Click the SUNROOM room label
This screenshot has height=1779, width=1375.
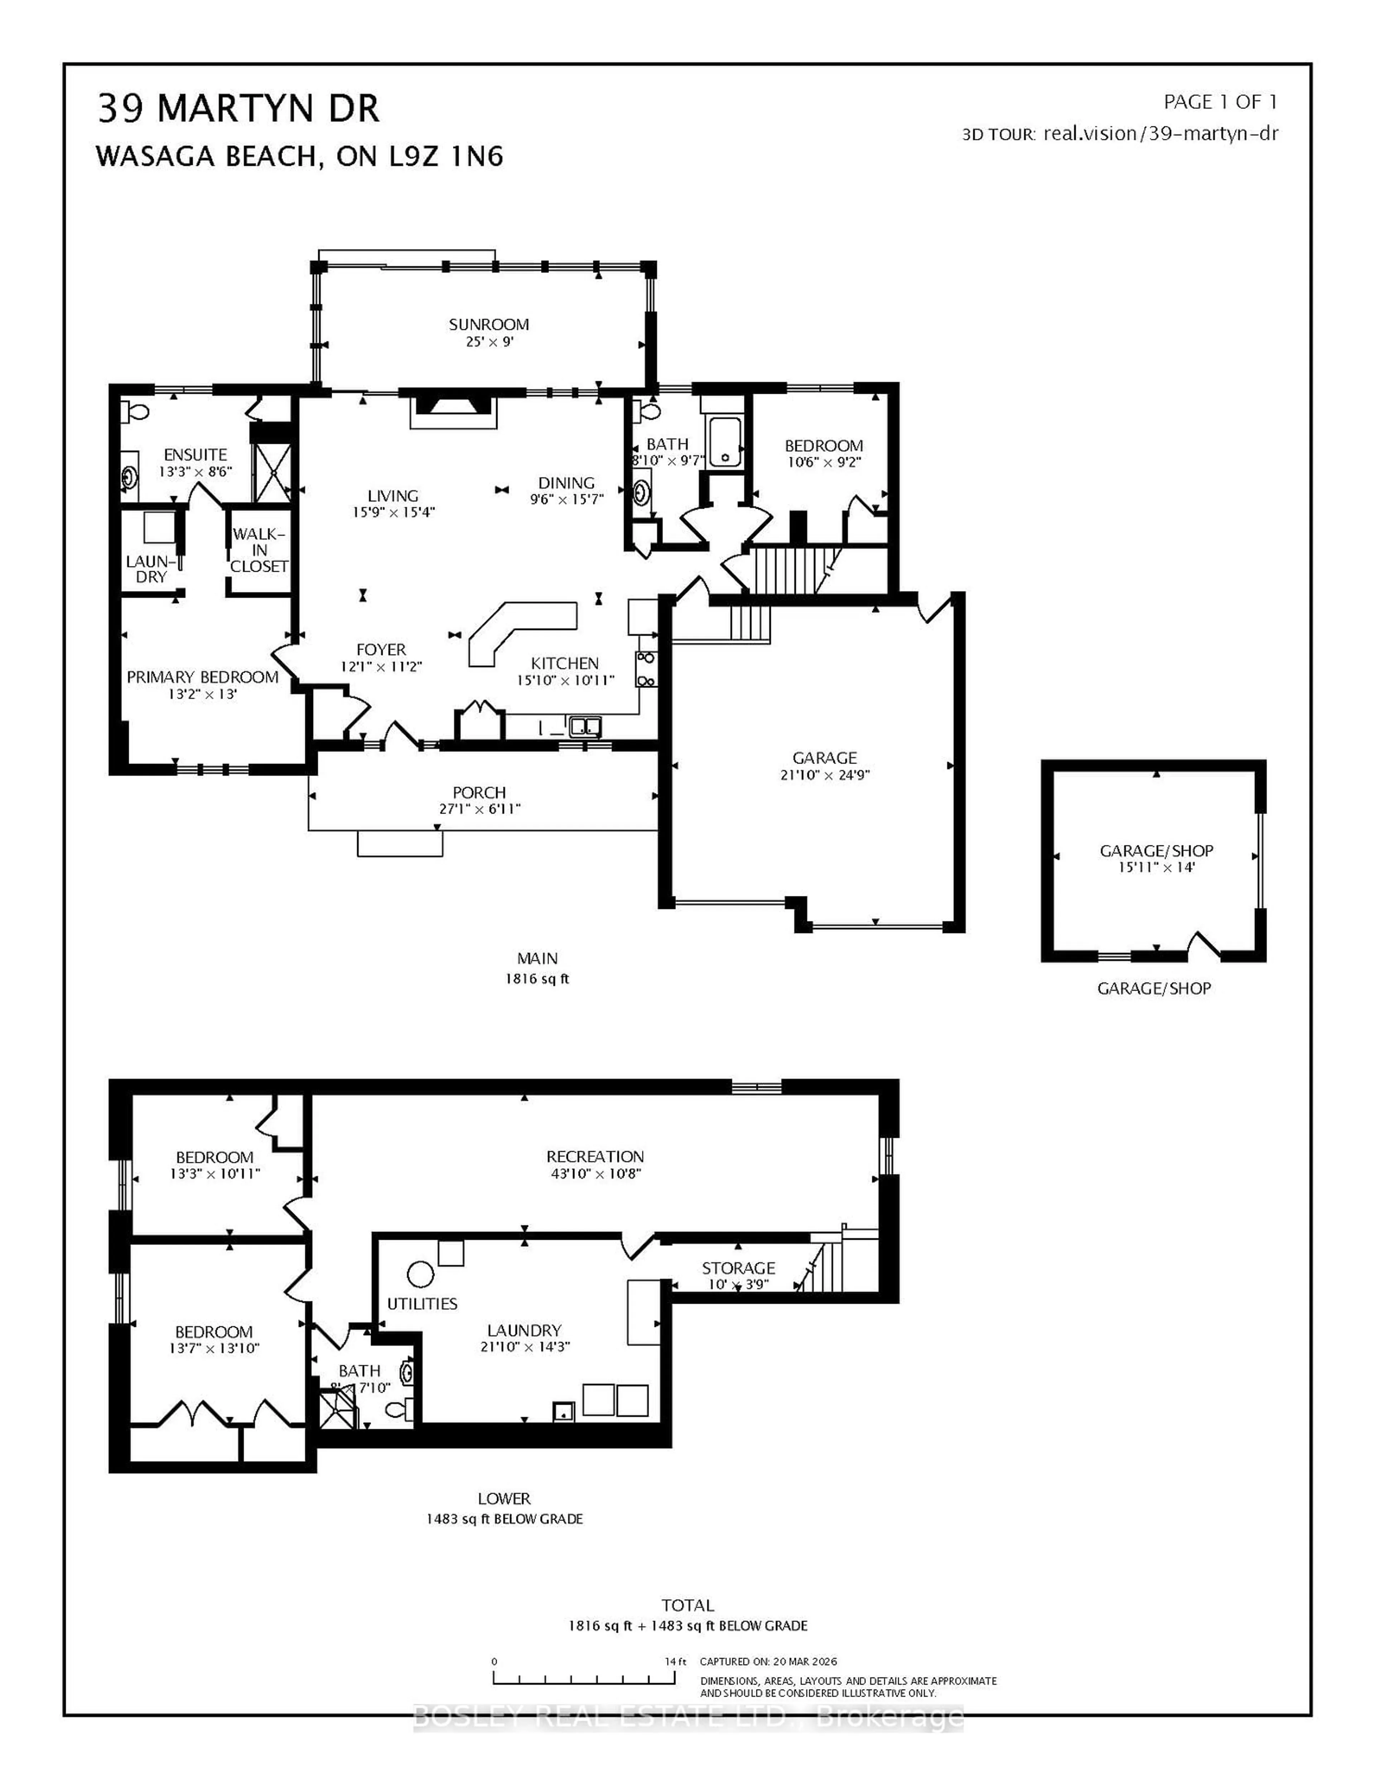point(489,324)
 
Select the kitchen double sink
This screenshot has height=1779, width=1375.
point(585,726)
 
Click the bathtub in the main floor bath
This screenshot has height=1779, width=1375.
point(724,442)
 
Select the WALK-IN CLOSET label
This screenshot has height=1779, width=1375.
point(259,550)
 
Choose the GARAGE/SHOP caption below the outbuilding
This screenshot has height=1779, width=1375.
point(1153,988)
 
